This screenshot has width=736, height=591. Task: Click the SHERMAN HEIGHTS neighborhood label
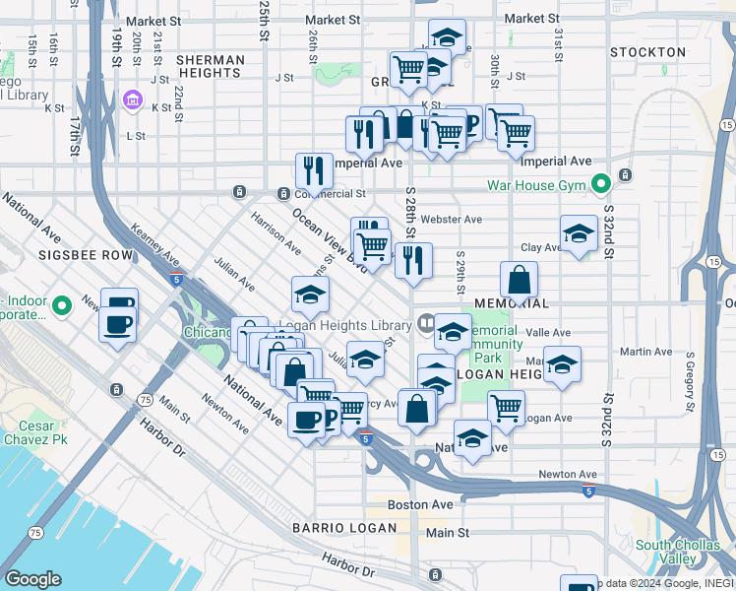[x=211, y=67]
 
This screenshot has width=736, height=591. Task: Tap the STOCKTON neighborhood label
[x=647, y=51]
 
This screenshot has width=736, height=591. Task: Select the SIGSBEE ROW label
[x=85, y=254]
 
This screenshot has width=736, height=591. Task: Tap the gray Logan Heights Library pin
[x=426, y=322]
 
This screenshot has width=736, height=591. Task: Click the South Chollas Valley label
[x=680, y=552]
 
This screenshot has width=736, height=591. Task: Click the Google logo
[x=32, y=579]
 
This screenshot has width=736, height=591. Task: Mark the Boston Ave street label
[x=420, y=504]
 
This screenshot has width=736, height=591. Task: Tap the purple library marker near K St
[x=132, y=100]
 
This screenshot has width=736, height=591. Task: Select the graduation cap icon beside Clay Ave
[x=579, y=233]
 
